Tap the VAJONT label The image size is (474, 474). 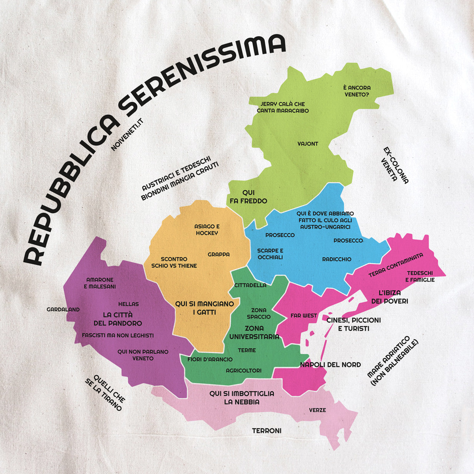coord(308,144)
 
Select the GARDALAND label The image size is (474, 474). coord(63,310)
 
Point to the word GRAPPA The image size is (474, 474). coord(218,254)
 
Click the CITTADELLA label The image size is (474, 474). coord(250,285)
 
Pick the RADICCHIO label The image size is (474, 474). coord(337,259)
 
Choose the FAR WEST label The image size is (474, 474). coord(304,316)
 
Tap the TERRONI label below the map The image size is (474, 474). coord(267,431)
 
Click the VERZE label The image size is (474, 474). coord(317,410)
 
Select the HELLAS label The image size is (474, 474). coord(128,304)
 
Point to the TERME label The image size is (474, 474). coord(247,350)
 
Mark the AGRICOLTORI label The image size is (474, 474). coord(244,370)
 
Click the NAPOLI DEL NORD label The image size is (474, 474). coord(330,365)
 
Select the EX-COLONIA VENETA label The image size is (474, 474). coord(395,166)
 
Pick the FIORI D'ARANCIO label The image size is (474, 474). coord(210,359)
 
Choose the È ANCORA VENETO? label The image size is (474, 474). coord(357,91)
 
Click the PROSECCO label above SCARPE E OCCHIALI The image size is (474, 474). coord(280,235)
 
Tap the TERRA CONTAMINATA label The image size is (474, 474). coord(395,265)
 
